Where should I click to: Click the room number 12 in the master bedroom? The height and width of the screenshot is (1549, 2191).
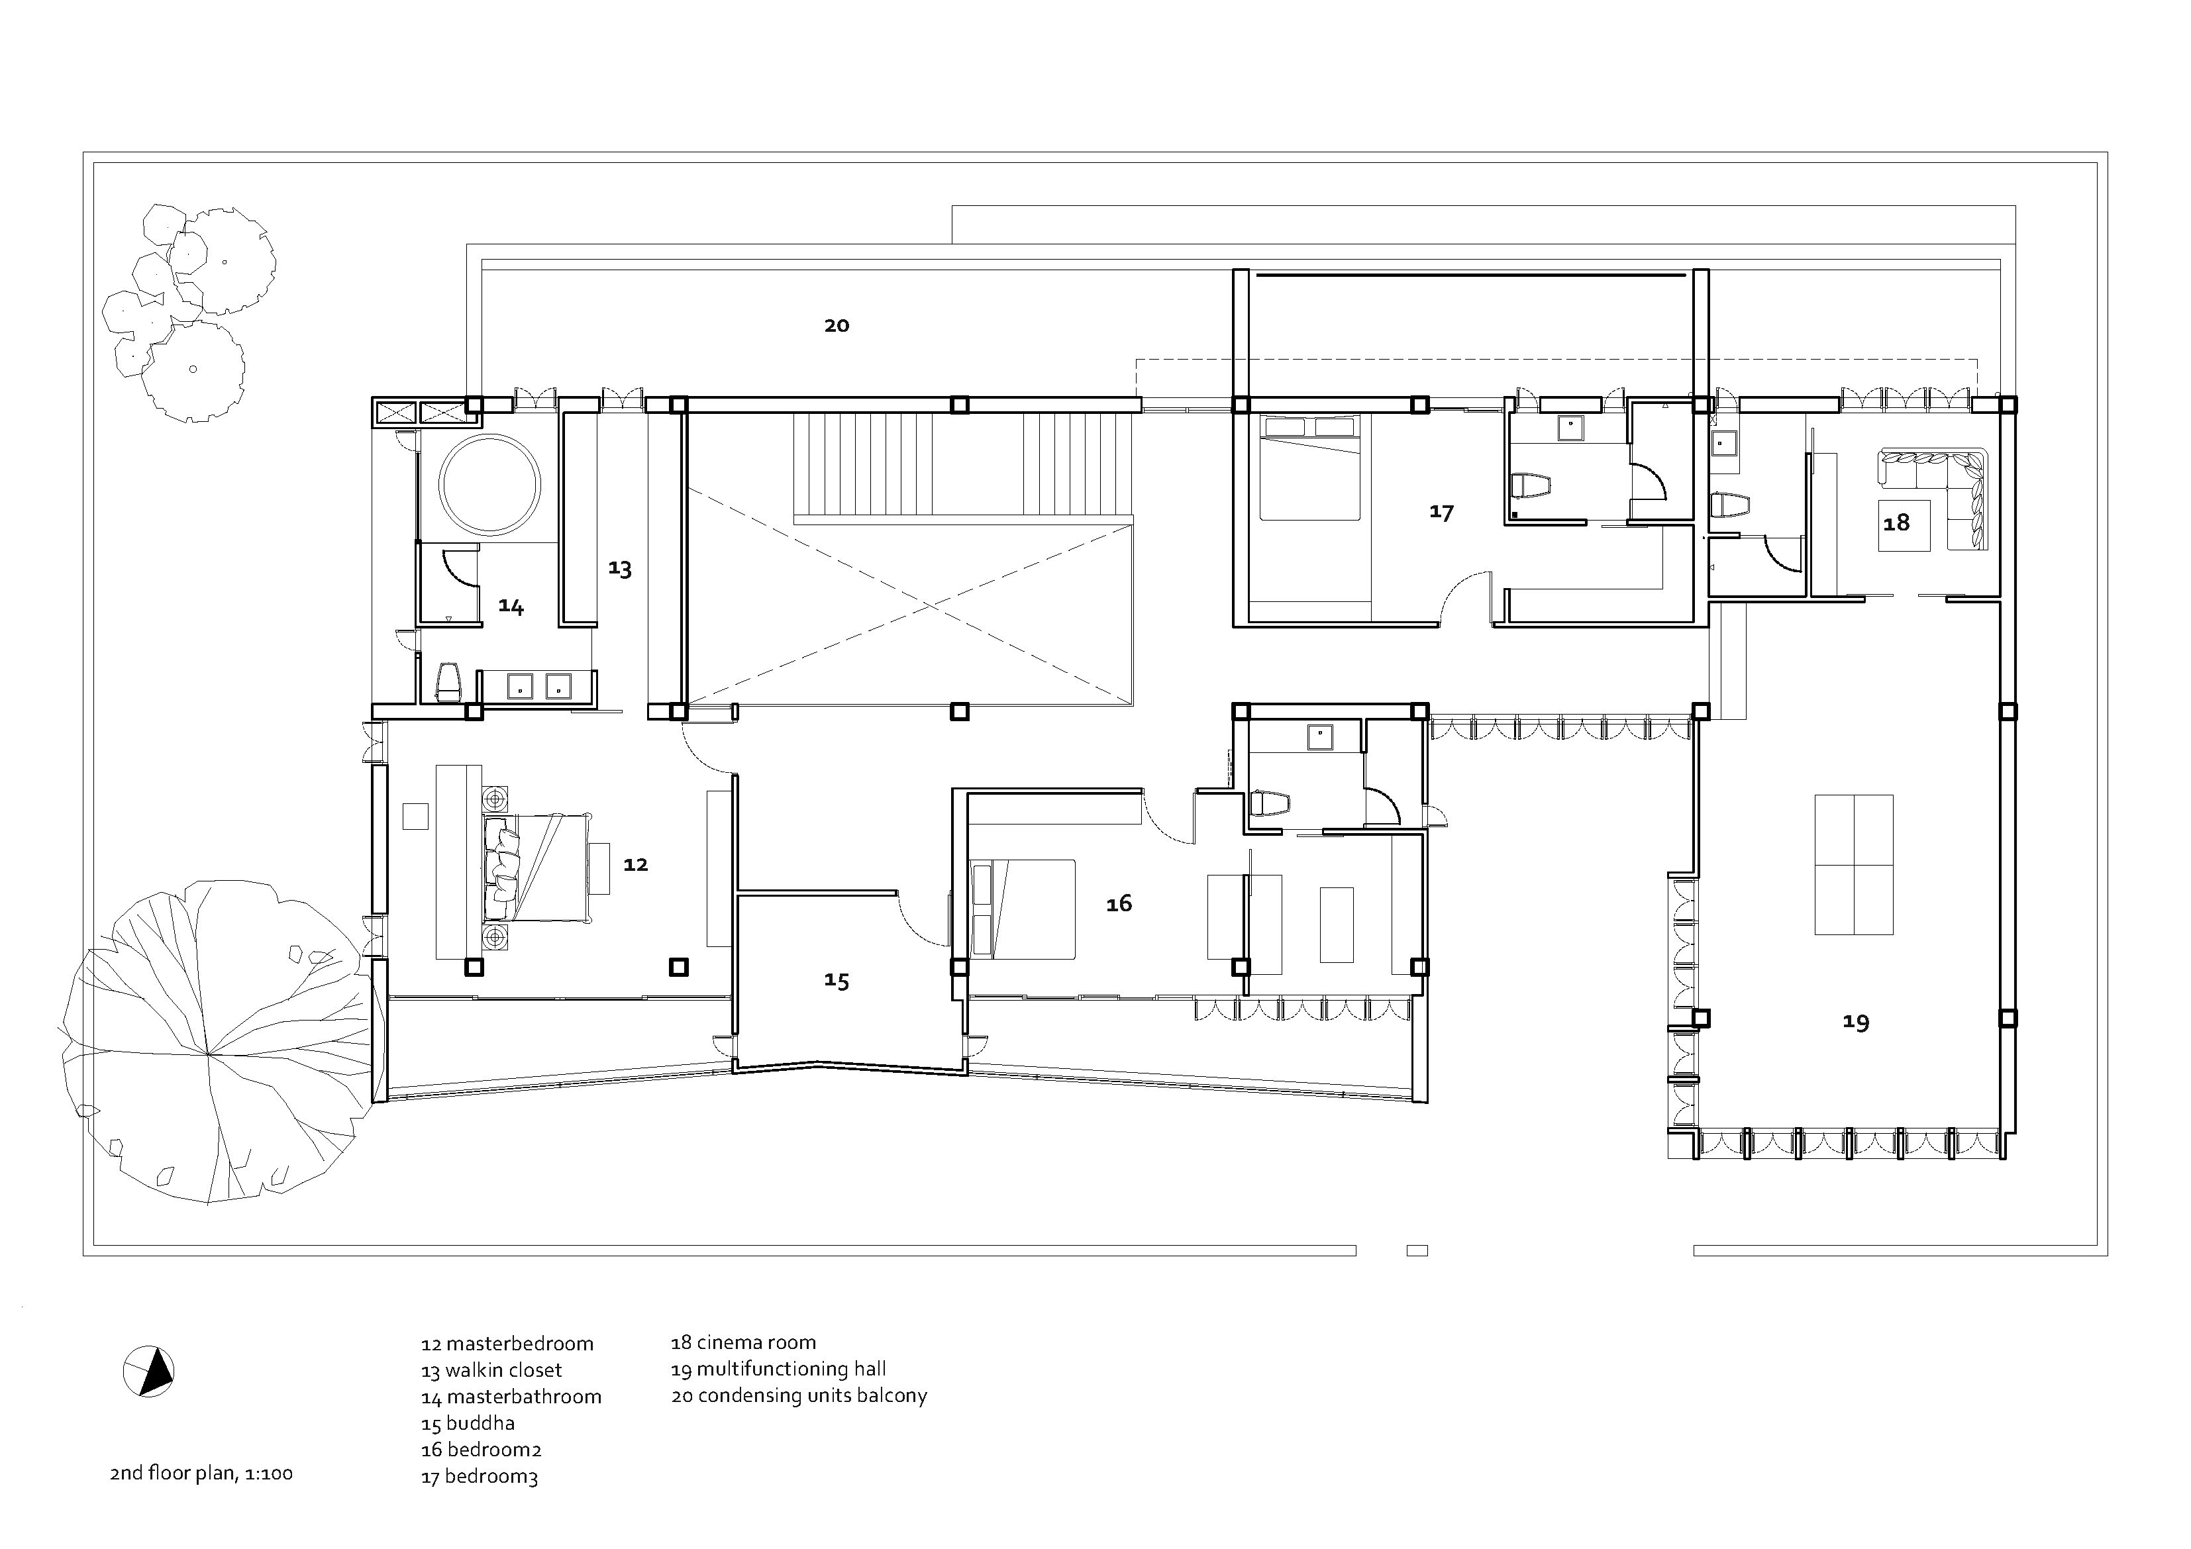click(x=636, y=864)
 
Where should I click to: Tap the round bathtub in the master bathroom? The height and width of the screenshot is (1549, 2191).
click(x=489, y=484)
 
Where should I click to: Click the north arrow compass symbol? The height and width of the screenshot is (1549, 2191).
click(x=149, y=1372)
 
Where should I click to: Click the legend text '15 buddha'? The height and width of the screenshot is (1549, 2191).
click(x=468, y=1423)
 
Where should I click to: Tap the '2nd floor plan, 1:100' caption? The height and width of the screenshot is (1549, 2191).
click(x=201, y=1473)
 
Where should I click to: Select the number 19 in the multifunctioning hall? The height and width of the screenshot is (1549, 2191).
click(x=1855, y=1022)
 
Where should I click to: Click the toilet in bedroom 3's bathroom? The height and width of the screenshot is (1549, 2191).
click(x=1531, y=487)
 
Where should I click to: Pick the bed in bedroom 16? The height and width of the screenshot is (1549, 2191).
click(x=1022, y=909)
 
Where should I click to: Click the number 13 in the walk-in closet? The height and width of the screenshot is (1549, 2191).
click(x=619, y=569)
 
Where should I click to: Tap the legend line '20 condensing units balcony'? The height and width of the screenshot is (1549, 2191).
click(x=799, y=1395)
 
